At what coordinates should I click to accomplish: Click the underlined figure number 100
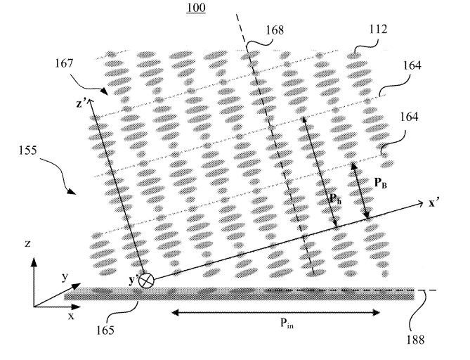pyautogui.click(x=196, y=7)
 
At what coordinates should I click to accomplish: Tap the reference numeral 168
pyautogui.click(x=275, y=30)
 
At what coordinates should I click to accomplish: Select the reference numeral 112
pyautogui.click(x=378, y=29)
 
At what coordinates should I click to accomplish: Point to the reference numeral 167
pyautogui.click(x=64, y=63)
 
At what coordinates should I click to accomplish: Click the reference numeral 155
pyautogui.click(x=28, y=150)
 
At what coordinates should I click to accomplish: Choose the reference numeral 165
pyautogui.click(x=105, y=330)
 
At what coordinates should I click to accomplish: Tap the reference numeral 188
pyautogui.click(x=415, y=340)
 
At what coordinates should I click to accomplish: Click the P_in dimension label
pyautogui.click(x=287, y=323)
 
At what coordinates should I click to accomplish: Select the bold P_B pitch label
pyautogui.click(x=381, y=183)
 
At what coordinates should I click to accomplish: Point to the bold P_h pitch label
pyautogui.click(x=335, y=198)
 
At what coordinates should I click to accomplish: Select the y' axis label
pyautogui.click(x=133, y=281)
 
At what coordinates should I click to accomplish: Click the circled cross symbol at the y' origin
pyautogui.click(x=147, y=281)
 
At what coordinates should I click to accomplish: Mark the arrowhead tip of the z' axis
pyautogui.click(x=90, y=99)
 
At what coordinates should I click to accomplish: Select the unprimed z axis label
pyautogui.click(x=27, y=243)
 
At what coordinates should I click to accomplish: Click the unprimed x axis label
pyautogui.click(x=71, y=316)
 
